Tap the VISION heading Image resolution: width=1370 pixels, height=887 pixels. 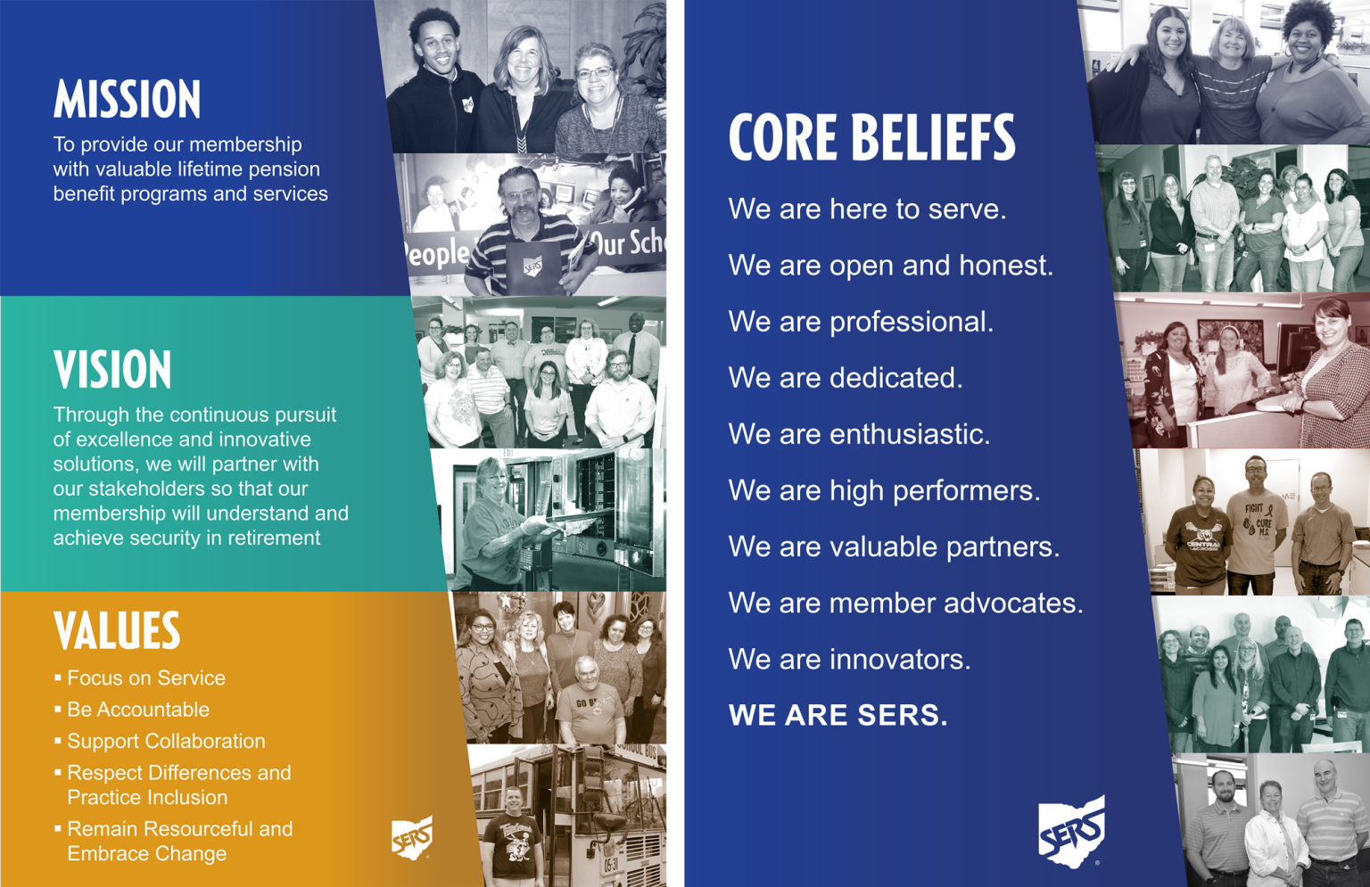[x=112, y=369]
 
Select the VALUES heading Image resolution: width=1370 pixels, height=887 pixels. [x=117, y=630]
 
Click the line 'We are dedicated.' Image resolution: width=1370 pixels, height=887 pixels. [x=846, y=378]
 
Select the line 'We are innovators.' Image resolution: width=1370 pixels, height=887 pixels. [x=849, y=660]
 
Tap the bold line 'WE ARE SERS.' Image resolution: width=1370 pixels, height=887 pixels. [x=838, y=715]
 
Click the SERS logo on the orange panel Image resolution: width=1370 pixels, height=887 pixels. [x=412, y=837]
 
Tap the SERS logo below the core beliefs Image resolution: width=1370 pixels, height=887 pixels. [x=1071, y=832]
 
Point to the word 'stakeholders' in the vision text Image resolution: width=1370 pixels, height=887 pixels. [x=153, y=489]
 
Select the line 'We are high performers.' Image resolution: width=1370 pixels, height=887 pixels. [x=885, y=491]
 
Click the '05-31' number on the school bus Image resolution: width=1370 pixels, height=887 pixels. [x=611, y=865]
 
